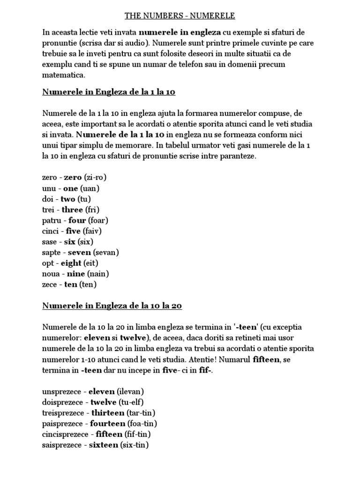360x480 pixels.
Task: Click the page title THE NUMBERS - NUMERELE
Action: [x=180, y=16]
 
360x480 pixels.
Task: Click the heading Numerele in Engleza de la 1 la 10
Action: [x=109, y=92]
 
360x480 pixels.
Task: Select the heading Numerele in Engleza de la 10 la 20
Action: [x=112, y=306]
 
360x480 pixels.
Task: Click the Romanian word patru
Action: [x=52, y=220]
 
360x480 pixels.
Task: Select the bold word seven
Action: [x=79, y=252]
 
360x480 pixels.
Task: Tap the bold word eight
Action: [x=71, y=263]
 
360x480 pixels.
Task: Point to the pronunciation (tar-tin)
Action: [x=141, y=412]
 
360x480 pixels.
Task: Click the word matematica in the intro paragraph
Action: [x=64, y=75]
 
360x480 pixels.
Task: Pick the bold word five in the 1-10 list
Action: [x=73, y=231]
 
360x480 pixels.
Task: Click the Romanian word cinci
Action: [x=51, y=231]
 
